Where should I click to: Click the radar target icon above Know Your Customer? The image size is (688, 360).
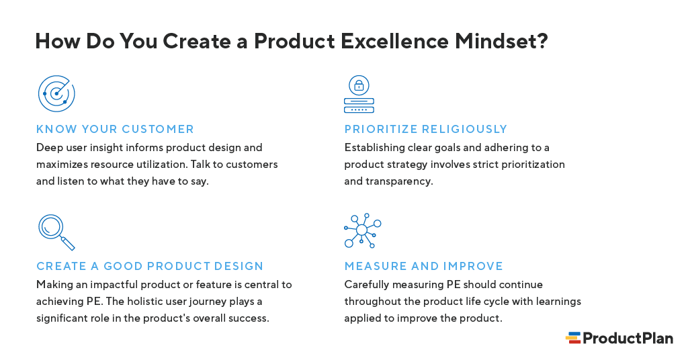pyautogui.click(x=56, y=93)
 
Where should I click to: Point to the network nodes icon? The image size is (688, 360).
pyautogui.click(x=362, y=230)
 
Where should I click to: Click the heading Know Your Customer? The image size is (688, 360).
pyautogui.click(x=115, y=129)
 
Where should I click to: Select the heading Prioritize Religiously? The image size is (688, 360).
pyautogui.click(x=425, y=129)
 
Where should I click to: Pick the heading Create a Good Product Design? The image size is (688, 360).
pyautogui.click(x=150, y=266)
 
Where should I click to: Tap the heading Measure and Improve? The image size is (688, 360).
pyautogui.click(x=423, y=266)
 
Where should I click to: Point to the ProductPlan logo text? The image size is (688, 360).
pyautogui.click(x=627, y=338)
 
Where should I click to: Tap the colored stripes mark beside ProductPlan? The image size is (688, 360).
pyautogui.click(x=573, y=338)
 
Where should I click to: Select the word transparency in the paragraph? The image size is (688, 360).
pyautogui.click(x=398, y=181)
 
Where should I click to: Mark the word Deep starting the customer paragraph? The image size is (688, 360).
pyautogui.click(x=49, y=147)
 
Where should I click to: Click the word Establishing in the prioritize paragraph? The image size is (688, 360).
pyautogui.click(x=374, y=147)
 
